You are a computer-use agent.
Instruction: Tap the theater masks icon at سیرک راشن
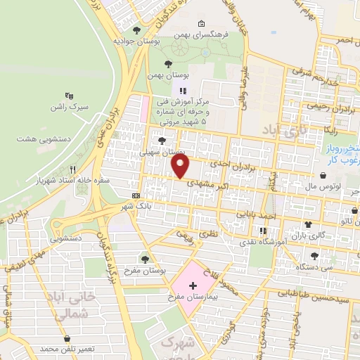(x=69, y=94)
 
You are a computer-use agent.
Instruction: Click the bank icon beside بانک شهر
(x=136, y=195)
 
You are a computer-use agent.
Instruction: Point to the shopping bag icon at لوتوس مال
(x=322, y=176)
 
